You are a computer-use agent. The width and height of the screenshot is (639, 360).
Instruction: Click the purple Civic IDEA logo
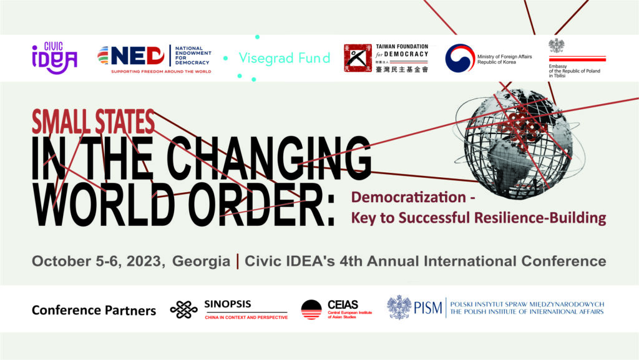[55, 58]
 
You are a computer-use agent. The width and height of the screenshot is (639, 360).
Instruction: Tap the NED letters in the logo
[137, 56]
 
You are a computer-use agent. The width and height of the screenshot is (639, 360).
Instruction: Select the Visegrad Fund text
[285, 58]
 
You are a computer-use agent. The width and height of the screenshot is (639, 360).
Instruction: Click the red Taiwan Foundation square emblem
[358, 58]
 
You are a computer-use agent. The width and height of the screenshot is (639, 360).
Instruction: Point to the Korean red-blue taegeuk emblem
[460, 58]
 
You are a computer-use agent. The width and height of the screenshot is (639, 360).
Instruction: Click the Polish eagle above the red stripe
[556, 46]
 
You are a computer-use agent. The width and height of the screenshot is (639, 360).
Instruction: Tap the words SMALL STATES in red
[94, 122]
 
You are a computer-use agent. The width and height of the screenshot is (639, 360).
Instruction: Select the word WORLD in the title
[104, 203]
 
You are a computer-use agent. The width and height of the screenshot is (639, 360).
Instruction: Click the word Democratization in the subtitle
[408, 197]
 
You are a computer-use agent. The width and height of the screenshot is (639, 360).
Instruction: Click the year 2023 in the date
[144, 261]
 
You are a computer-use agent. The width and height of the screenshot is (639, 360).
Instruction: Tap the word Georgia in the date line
[202, 261]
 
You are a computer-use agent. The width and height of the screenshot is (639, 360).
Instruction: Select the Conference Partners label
[94, 310]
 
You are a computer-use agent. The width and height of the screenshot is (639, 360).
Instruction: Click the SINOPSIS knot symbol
[184, 310]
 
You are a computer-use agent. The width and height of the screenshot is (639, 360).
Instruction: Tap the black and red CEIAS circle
[311, 309]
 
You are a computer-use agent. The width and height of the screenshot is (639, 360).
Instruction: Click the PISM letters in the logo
[428, 308]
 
